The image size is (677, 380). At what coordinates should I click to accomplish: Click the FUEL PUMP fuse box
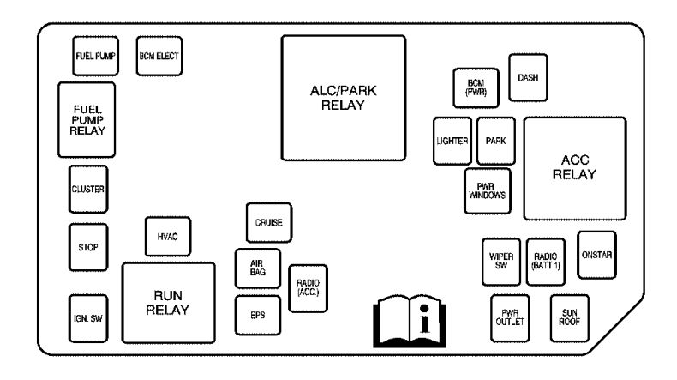[x=95, y=57]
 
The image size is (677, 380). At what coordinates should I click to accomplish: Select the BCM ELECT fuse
[x=159, y=57]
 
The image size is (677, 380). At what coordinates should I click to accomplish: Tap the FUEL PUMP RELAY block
[x=87, y=120]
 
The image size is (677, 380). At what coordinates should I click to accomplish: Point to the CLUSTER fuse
[x=88, y=190]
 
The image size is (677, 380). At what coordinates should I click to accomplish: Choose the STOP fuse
[x=88, y=247]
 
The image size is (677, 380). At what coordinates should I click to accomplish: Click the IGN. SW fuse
[x=88, y=318]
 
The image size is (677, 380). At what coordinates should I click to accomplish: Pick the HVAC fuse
[x=168, y=237]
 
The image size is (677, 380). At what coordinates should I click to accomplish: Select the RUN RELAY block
[x=168, y=303]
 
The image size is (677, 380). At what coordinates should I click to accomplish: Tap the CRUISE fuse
[x=269, y=223]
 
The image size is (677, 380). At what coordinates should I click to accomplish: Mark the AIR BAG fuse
[x=258, y=268]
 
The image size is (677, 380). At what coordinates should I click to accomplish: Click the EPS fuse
[x=258, y=315]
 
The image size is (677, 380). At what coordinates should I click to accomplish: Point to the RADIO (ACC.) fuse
[x=308, y=288]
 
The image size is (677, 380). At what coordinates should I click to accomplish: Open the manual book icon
[x=410, y=321]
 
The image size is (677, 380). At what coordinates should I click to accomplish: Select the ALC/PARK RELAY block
[x=344, y=98]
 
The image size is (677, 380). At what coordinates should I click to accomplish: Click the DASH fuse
[x=528, y=78]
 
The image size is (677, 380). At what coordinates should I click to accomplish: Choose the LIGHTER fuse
[x=452, y=141]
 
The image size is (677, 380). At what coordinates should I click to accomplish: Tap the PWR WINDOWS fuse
[x=488, y=191]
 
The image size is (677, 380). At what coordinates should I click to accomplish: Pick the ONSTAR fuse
[x=596, y=255]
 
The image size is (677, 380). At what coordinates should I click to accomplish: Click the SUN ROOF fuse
[x=570, y=318]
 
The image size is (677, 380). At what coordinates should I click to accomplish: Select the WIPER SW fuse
[x=501, y=262]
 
